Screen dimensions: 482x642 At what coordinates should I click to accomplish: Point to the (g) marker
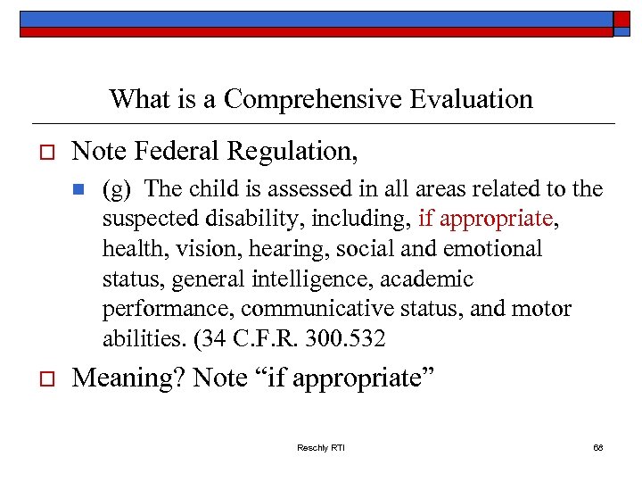point(117,190)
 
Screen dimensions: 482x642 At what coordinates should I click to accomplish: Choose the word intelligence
point(309,279)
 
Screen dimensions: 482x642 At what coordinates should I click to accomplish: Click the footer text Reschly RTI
point(321,447)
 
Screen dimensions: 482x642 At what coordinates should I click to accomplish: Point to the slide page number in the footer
point(597,447)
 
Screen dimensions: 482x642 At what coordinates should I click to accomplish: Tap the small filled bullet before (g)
point(78,189)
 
